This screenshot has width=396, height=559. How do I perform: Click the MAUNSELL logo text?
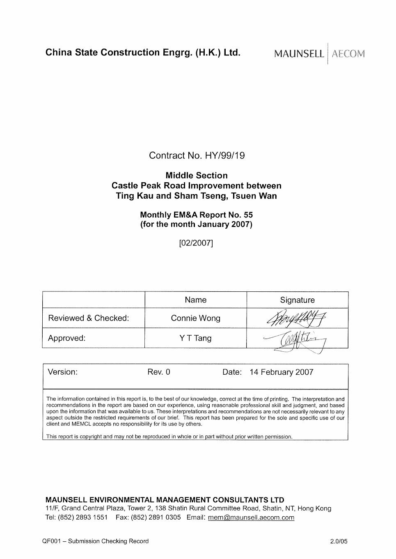pyautogui.click(x=299, y=54)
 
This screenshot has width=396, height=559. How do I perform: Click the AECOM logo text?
pyautogui.click(x=348, y=54)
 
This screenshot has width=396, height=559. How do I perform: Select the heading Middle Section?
pyautogui.click(x=197, y=176)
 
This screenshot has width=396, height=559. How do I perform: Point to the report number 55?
pyautogui.click(x=248, y=215)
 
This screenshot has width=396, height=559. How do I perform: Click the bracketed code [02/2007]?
pyautogui.click(x=196, y=243)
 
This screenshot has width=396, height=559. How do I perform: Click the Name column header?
pyautogui.click(x=196, y=300)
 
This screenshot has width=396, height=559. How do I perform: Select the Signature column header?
pyautogui.click(x=297, y=300)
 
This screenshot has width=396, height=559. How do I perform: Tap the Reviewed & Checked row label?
pyautogui.click(x=88, y=318)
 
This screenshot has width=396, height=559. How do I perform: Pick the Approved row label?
pyautogui.click(x=66, y=338)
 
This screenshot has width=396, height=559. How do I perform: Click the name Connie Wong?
pyautogui.click(x=196, y=318)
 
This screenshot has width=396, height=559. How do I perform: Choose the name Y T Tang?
pyautogui.click(x=196, y=338)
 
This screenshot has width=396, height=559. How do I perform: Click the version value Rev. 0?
pyautogui.click(x=159, y=372)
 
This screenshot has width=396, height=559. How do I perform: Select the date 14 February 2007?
pyautogui.click(x=281, y=372)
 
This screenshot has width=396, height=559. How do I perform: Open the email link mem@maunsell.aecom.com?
pyautogui.click(x=251, y=518)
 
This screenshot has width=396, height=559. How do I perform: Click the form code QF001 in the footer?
pyautogui.click(x=51, y=541)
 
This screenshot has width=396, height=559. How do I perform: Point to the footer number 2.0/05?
pyautogui.click(x=339, y=541)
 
